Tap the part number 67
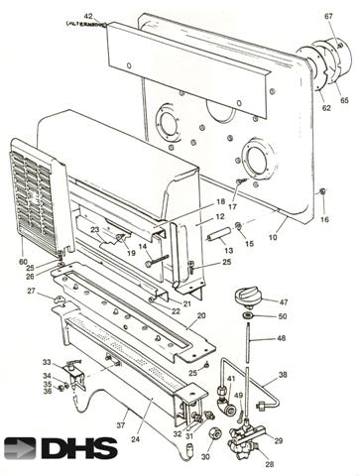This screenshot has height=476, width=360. [x=328, y=16]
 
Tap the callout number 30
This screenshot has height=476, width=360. [x=205, y=459]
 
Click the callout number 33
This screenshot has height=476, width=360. [x=46, y=362]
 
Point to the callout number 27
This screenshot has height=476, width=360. [x=31, y=292]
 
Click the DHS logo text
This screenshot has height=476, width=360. [x=80, y=448]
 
